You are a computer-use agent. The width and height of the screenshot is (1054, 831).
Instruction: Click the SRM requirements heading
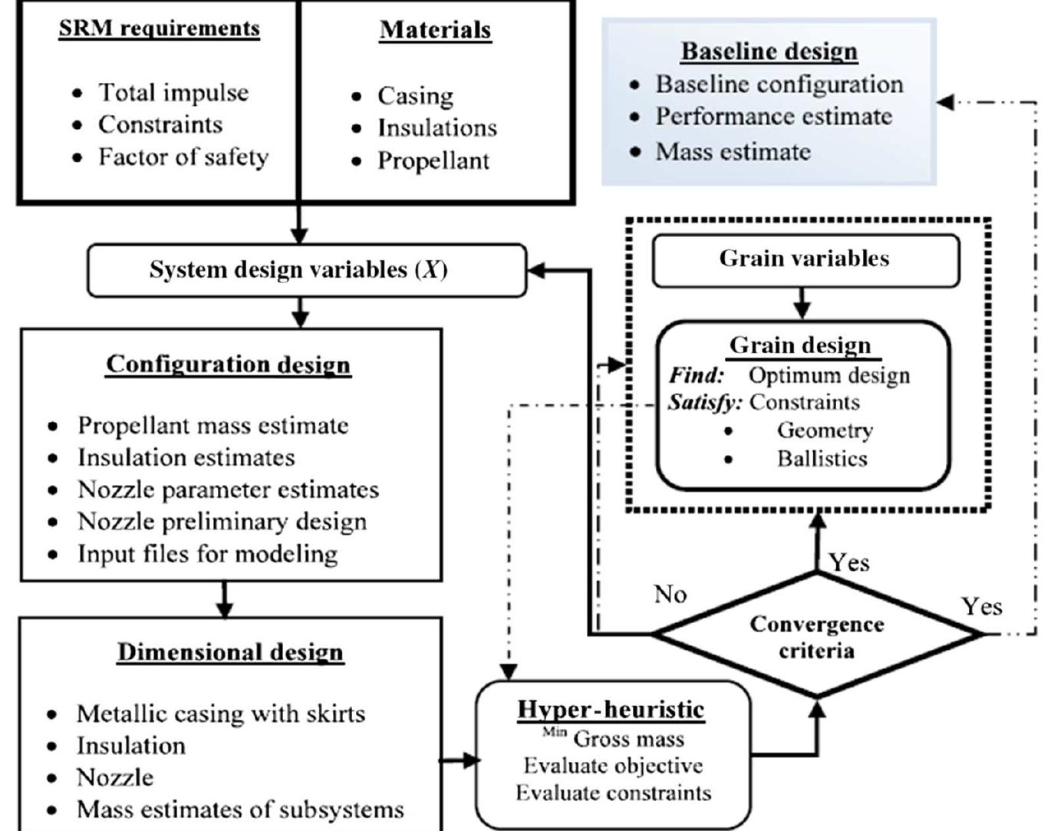click(x=159, y=29)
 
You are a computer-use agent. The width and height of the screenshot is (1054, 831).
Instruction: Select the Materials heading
click(x=435, y=30)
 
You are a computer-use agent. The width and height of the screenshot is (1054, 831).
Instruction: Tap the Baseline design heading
click(x=769, y=51)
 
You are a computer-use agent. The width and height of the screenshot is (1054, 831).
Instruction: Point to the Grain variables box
click(x=805, y=259)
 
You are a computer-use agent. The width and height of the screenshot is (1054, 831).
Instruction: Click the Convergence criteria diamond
click(x=817, y=637)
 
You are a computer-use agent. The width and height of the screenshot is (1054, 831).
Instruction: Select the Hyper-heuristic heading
click(x=611, y=709)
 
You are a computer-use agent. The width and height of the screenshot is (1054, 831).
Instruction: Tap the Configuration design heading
click(x=228, y=364)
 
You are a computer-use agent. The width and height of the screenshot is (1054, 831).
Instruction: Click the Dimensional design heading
click(x=229, y=652)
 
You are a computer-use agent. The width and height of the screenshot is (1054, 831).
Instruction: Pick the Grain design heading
click(x=800, y=345)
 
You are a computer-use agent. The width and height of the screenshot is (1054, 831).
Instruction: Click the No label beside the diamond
click(x=670, y=594)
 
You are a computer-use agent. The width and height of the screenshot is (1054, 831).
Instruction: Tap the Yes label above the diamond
click(x=848, y=562)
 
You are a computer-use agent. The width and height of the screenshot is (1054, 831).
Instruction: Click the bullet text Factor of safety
click(x=183, y=157)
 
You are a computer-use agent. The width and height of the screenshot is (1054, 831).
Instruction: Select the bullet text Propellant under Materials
click(x=433, y=161)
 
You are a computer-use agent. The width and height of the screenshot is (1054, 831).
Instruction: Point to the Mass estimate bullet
click(x=733, y=151)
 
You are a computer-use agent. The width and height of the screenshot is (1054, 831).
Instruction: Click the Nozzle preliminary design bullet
click(x=222, y=522)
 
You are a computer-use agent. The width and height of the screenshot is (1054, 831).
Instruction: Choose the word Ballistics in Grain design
click(x=822, y=459)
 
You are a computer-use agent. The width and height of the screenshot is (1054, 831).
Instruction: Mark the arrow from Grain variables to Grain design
click(x=802, y=304)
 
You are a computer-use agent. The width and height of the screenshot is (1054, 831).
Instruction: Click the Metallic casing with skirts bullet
click(x=220, y=714)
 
